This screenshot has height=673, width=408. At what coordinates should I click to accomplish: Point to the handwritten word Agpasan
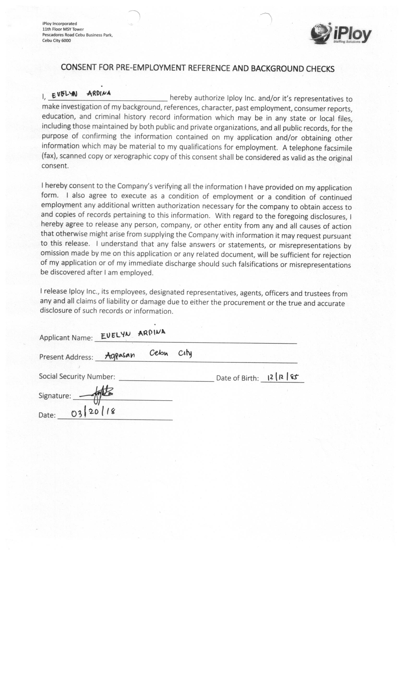[x=120, y=355]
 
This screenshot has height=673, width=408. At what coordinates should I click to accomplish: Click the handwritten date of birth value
[x=282, y=377]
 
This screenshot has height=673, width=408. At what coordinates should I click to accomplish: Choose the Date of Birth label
[x=237, y=378]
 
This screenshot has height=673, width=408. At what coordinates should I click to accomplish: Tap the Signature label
[x=55, y=396]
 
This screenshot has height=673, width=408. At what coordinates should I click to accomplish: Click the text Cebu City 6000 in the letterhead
[x=56, y=41]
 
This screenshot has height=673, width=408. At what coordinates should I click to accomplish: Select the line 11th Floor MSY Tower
[x=63, y=29]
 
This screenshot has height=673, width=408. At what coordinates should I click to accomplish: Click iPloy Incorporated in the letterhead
[x=60, y=24]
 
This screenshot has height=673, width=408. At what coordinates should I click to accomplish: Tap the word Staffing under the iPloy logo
[x=339, y=42]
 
